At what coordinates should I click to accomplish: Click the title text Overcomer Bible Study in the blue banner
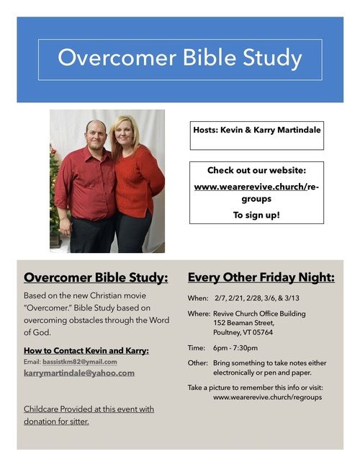pyautogui.click(x=180, y=58)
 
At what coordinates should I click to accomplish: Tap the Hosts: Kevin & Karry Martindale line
pyautogui.click(x=257, y=130)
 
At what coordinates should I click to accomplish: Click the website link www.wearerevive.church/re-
pyautogui.click(x=256, y=187)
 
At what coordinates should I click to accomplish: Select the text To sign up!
pyautogui.click(x=256, y=215)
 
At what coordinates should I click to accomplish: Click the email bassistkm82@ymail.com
pyautogui.click(x=80, y=362)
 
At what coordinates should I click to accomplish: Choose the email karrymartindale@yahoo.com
pyautogui.click(x=79, y=373)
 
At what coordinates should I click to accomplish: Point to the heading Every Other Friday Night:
pyautogui.click(x=261, y=277)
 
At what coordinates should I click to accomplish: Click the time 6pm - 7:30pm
pyautogui.click(x=235, y=348)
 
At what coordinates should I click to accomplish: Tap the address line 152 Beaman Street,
pyautogui.click(x=243, y=323)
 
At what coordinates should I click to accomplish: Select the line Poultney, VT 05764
pyautogui.click(x=243, y=332)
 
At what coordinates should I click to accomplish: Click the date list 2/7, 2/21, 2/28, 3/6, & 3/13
pyautogui.click(x=257, y=298)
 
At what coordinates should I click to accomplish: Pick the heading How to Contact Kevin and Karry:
pyautogui.click(x=86, y=350)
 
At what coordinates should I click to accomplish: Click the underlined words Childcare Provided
pyautogui.click(x=58, y=409)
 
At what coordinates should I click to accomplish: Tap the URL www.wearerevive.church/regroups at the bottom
pyautogui.click(x=267, y=397)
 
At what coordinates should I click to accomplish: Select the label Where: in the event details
pyautogui.click(x=199, y=313)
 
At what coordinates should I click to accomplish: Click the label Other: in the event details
pyautogui.click(x=198, y=363)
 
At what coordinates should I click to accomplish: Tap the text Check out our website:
pyautogui.click(x=256, y=170)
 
